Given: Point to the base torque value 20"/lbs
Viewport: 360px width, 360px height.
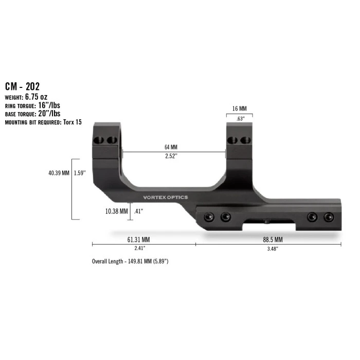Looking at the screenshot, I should pos(49,114).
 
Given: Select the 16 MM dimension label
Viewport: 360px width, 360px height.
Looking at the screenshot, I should pos(240,109).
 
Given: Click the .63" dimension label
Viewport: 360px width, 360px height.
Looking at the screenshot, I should pos(240,118).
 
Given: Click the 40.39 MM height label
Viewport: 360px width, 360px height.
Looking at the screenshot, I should pos(58,173).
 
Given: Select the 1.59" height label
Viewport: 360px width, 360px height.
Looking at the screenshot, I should pos(80,173).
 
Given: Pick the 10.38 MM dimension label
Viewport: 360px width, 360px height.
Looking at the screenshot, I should pos(115,211).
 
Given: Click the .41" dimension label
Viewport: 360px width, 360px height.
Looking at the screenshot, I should pos(138,211).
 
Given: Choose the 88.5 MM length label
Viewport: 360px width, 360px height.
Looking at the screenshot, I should pos(266,240).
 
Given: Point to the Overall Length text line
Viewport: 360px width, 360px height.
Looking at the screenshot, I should pos(130,261).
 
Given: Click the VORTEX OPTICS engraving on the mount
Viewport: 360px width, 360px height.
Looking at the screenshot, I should pos(166,197).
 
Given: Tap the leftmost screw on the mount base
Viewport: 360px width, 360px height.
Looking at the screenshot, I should pos(209,217).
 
